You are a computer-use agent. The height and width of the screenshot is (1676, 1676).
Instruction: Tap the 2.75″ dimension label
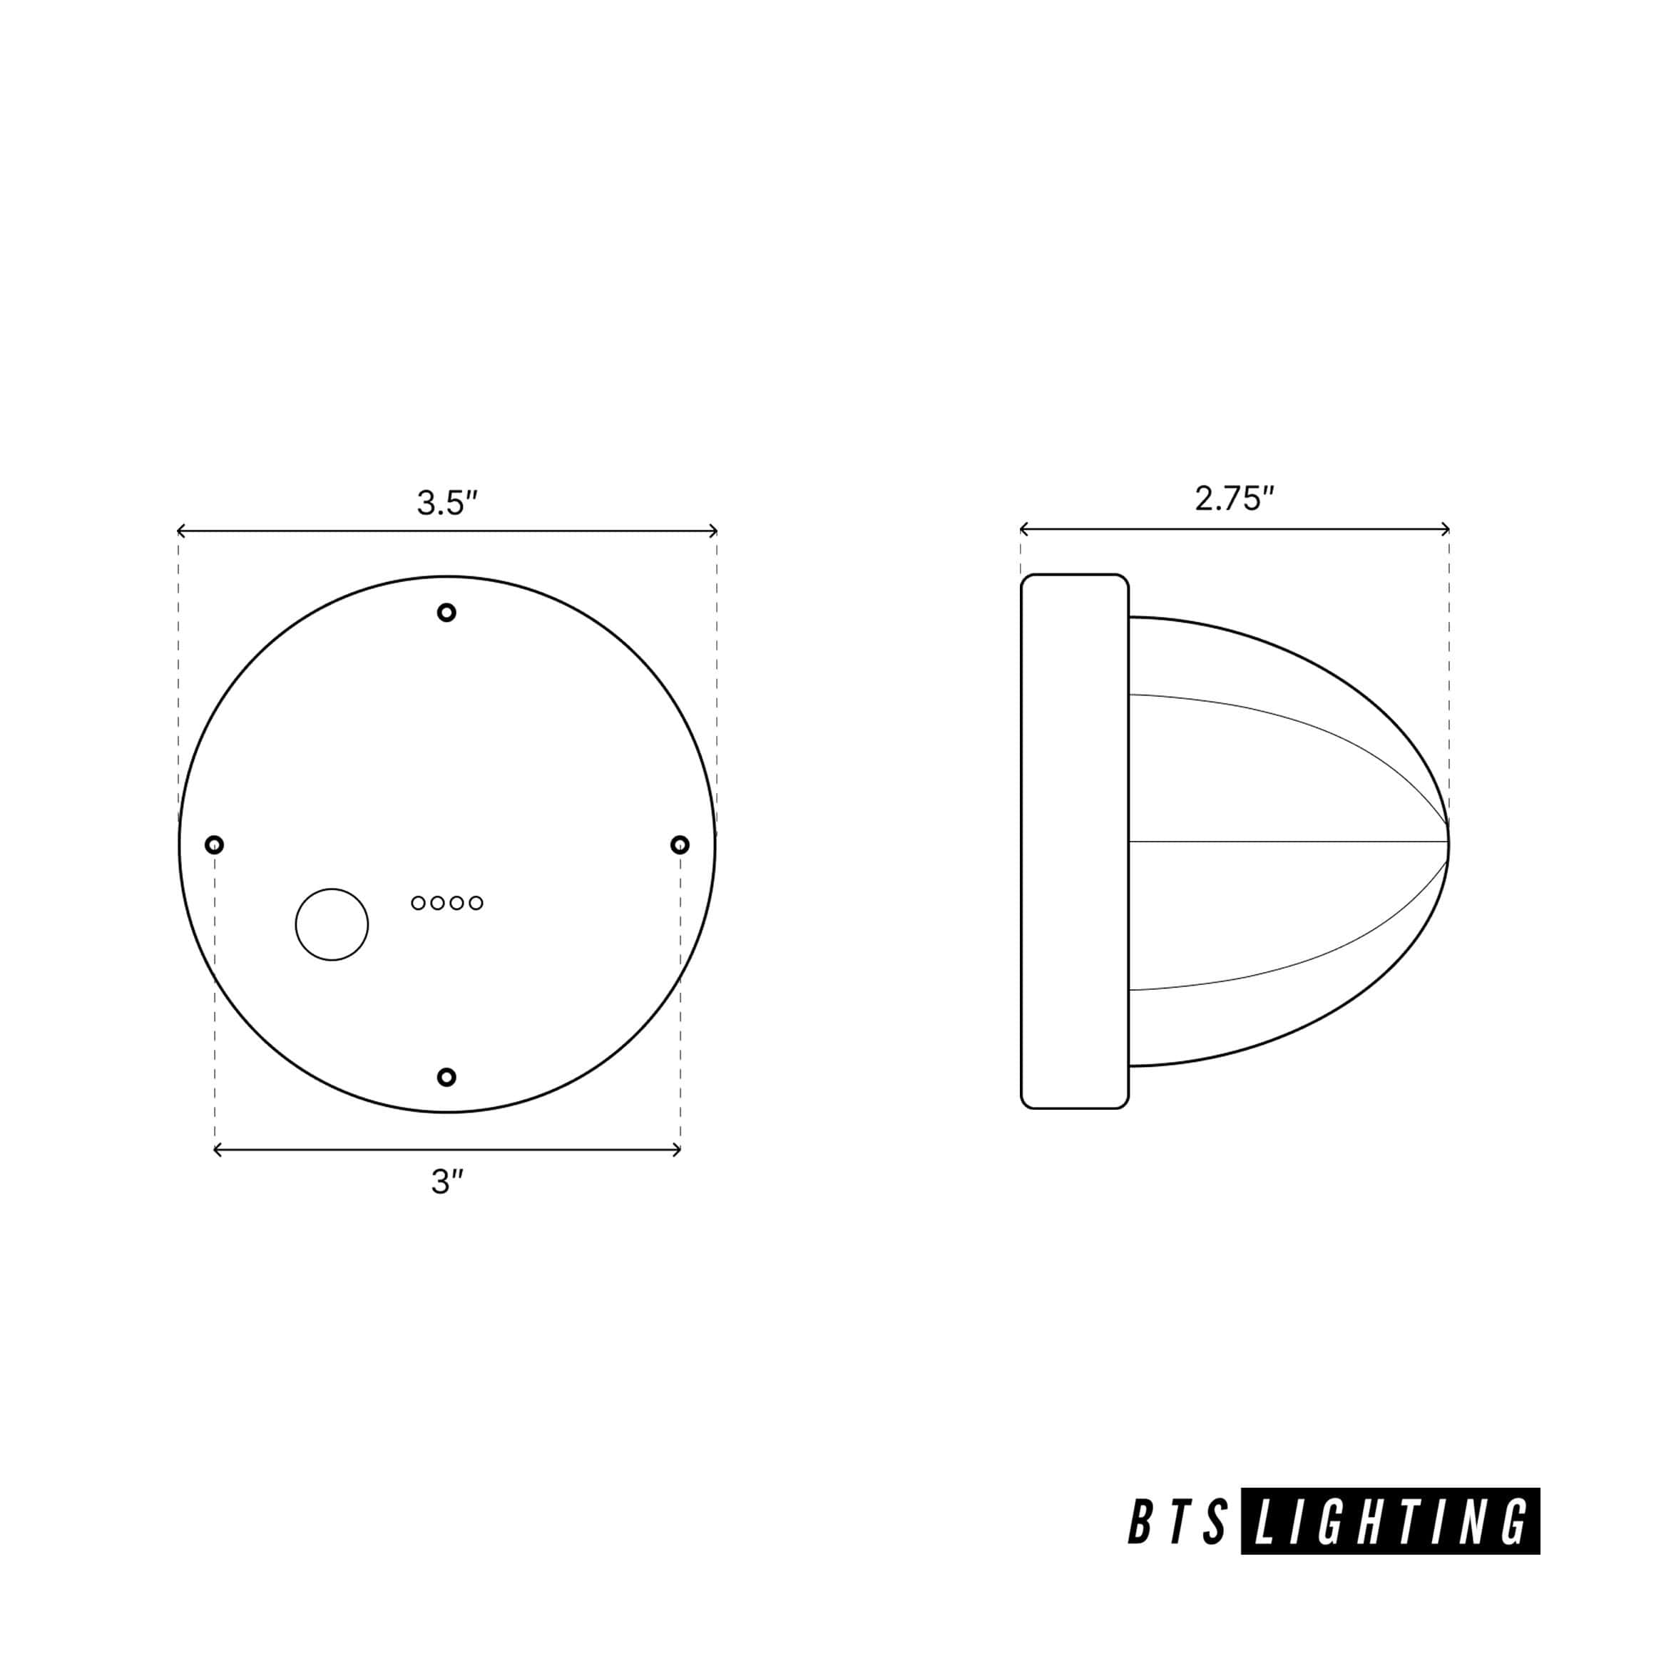click(1235, 498)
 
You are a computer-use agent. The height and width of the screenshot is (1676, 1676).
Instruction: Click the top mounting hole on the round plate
click(446, 613)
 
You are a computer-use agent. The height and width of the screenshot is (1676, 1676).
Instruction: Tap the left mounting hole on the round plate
click(214, 844)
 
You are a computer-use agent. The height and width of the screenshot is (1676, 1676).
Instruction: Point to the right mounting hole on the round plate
click(680, 844)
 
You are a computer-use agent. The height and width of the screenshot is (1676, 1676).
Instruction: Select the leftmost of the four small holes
click(418, 903)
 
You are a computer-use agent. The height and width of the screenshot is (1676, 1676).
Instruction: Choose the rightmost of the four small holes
click(476, 903)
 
